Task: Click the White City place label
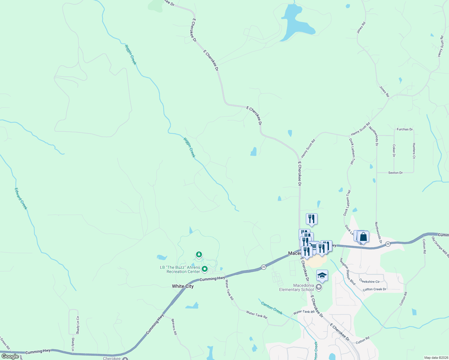[182, 286]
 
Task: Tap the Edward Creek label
[21, 199]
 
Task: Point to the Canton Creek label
[272, 308]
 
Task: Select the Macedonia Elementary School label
[297, 287]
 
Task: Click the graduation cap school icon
[322, 275]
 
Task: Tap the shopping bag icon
[363, 237]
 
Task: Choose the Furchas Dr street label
[405, 129]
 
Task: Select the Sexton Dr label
[395, 173]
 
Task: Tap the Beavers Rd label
[174, 326]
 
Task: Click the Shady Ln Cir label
[78, 325]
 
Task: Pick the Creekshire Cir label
[369, 282]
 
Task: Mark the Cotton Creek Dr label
[374, 289]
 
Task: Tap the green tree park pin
[199, 255]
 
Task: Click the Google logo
[10, 356]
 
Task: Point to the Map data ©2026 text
[435, 358]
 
